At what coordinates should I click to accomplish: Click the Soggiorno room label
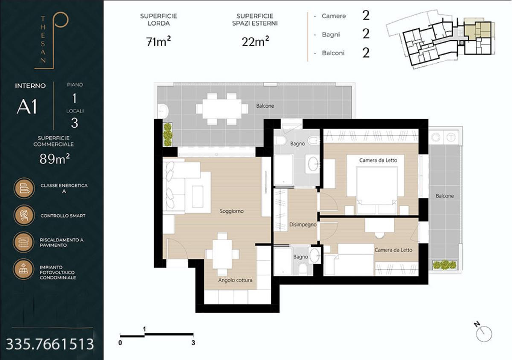[x=232, y=211]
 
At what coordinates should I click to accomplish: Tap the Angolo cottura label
[x=235, y=280]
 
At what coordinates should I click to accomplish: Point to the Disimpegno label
[x=303, y=225]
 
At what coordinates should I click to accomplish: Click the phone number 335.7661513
[x=50, y=344]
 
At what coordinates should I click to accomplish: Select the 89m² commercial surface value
[x=55, y=159]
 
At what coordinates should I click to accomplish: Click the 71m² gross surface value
[x=158, y=42]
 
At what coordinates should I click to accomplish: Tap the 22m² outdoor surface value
[x=255, y=41]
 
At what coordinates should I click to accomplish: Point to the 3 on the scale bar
[x=193, y=343]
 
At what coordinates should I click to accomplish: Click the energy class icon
[x=24, y=188]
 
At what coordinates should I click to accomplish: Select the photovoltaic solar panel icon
[x=24, y=269]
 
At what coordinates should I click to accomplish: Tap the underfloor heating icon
[x=24, y=242]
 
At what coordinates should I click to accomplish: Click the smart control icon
[x=24, y=215]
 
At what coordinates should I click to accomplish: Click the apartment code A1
[x=27, y=107]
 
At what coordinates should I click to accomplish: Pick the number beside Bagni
[x=366, y=34]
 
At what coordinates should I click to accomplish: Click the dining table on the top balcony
[x=222, y=109]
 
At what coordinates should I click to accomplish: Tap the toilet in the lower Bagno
[x=303, y=269]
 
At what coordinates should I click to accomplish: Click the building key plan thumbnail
[x=441, y=39]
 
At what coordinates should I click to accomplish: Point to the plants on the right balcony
[x=445, y=265]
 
